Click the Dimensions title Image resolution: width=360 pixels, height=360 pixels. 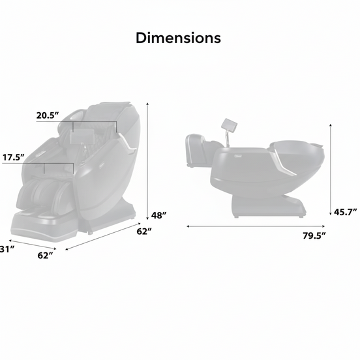pyautogui.click(x=178, y=38)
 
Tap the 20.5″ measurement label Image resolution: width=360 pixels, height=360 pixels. pyautogui.click(x=48, y=115)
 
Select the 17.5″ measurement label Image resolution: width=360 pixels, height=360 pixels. pyautogui.click(x=13, y=158)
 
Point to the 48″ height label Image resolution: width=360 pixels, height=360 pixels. pyautogui.click(x=158, y=215)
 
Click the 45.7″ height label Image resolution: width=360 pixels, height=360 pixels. pyautogui.click(x=345, y=212)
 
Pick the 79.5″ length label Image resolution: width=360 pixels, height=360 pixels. pyautogui.click(x=314, y=235)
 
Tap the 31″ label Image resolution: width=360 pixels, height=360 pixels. pyautogui.click(x=7, y=249)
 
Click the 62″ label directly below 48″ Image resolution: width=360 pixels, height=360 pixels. pyautogui.click(x=144, y=232)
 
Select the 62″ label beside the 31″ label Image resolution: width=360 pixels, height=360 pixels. pyautogui.click(x=45, y=255)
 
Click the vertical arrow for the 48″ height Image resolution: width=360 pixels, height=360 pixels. pyautogui.click(x=147, y=161)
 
